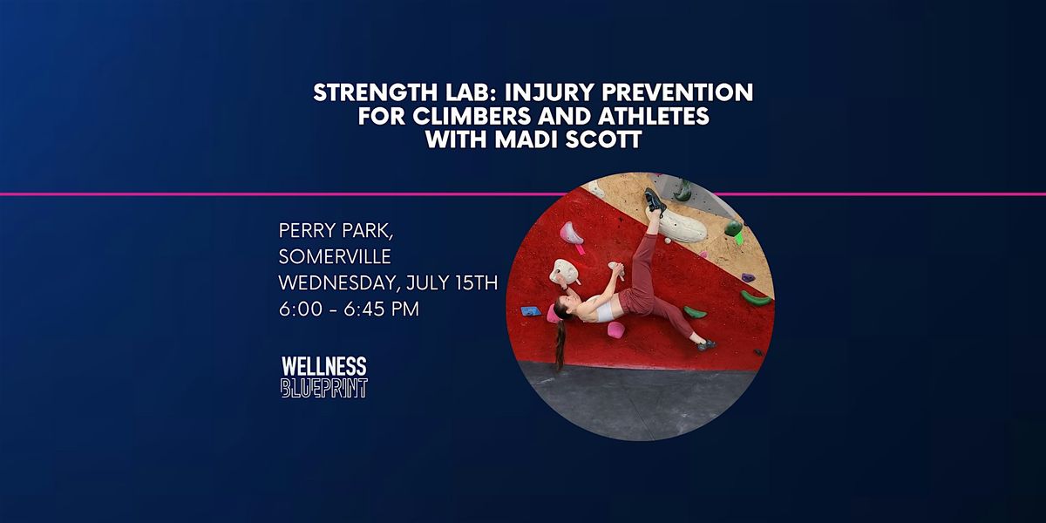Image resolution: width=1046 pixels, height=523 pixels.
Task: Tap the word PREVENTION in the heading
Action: coord(677,92)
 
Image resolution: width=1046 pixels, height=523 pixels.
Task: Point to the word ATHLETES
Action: coord(655,116)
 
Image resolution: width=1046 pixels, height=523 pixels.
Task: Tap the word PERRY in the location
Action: coord(306,231)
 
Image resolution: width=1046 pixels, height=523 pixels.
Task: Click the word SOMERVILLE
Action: coord(335,256)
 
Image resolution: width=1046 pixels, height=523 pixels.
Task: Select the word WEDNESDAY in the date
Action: coord(338,283)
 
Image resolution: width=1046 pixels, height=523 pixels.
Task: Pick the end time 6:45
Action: coord(365,309)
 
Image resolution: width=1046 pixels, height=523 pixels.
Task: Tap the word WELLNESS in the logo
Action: coord(324,367)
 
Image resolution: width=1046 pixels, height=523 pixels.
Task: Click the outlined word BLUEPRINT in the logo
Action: coord(324,388)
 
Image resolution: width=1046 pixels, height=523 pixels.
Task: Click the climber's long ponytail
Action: coord(560,344)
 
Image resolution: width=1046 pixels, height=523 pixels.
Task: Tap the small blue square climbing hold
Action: coord(531,311)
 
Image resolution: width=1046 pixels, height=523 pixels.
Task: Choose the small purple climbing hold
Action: coord(748,278)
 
